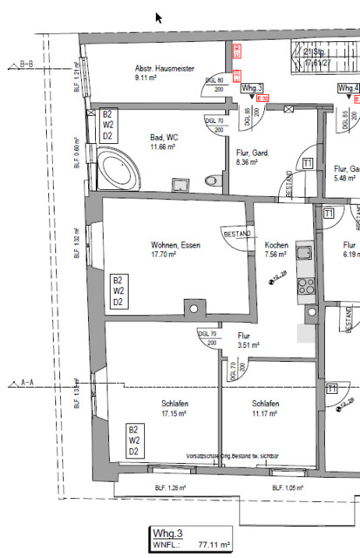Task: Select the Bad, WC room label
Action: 163,137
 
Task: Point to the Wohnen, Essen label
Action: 174,246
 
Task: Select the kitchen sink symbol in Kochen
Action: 305,255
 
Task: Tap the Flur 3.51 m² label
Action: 249,340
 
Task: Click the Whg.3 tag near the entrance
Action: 252,88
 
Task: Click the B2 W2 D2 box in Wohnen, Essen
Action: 117,291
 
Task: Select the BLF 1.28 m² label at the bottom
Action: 171,488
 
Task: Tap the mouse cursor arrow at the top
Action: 159,17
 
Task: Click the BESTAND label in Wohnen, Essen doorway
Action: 237,235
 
